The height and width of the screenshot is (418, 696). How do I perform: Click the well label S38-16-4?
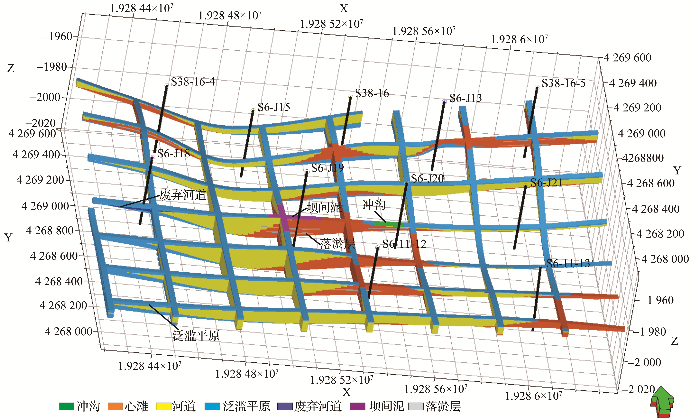(193, 82)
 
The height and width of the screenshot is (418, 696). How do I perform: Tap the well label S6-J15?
(274, 107)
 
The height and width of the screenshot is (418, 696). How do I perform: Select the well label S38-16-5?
(563, 83)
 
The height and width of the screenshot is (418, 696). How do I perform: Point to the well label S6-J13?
(465, 98)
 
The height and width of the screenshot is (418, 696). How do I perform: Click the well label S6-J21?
(546, 183)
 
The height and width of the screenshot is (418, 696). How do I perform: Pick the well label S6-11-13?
(568, 264)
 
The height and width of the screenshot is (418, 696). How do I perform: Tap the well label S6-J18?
(173, 153)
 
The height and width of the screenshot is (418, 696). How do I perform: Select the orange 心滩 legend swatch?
(115, 406)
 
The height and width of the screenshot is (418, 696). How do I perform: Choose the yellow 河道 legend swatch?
(164, 406)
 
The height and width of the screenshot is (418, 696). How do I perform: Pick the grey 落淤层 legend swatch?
(416, 406)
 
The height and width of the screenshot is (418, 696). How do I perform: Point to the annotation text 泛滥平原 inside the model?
(196, 336)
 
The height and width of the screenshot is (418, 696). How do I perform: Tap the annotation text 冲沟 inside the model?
(374, 205)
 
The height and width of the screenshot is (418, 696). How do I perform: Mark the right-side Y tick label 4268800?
(643, 158)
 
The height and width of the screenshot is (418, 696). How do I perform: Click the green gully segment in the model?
(389, 224)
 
